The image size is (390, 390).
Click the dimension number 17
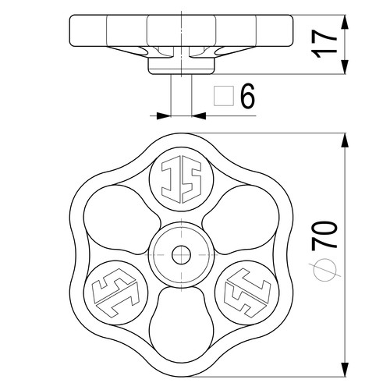(324, 44)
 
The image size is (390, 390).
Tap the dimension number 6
(247, 96)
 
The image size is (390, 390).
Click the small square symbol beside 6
(224, 96)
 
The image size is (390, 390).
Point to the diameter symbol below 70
(324, 270)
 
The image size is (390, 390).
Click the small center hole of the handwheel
(181, 254)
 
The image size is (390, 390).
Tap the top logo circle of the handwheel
(182, 179)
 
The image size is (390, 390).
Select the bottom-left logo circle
(115, 292)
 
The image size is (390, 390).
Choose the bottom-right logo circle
(247, 292)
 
